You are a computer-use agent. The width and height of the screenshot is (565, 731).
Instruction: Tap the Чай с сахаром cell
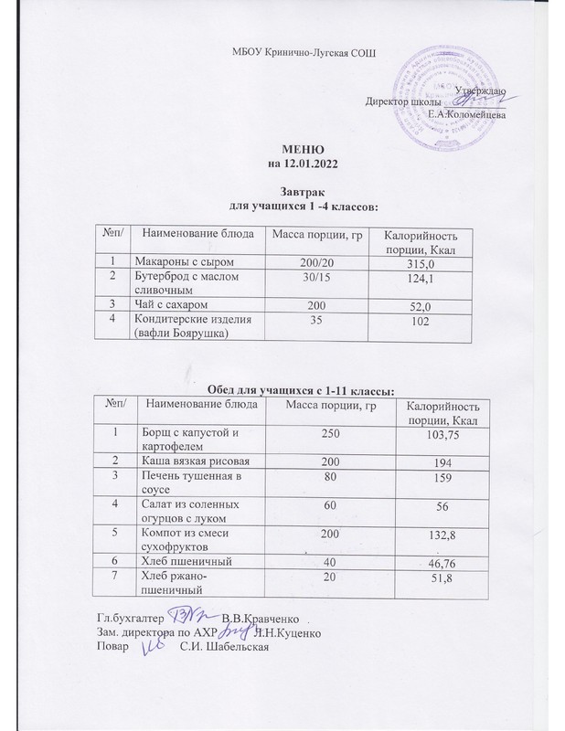[168, 302]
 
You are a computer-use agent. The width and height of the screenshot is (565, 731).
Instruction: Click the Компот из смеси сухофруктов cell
[187, 538]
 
